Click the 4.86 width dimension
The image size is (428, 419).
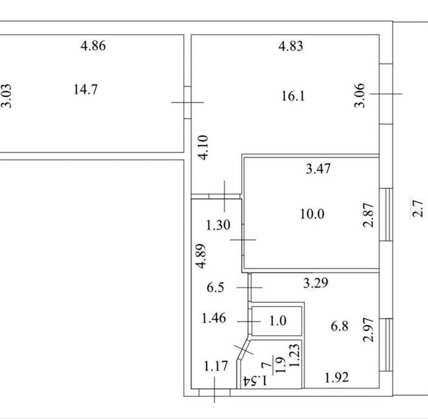pyautogui.click(x=93, y=46)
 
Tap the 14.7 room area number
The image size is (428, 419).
pyautogui.click(x=86, y=90)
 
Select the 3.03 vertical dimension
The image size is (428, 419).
pyautogui.click(x=7, y=96)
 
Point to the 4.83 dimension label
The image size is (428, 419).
pyautogui.click(x=291, y=46)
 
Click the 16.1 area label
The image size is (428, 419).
pyautogui.click(x=293, y=96)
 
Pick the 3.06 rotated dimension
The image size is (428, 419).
pyautogui.click(x=360, y=95)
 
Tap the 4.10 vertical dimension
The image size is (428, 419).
pyautogui.click(x=204, y=148)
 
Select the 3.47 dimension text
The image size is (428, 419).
pyautogui.click(x=318, y=169)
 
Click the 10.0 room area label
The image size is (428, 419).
pyautogui.click(x=312, y=214)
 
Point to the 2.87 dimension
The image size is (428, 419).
pyautogui.click(x=368, y=215)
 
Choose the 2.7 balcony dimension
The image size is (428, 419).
pyautogui.click(x=418, y=209)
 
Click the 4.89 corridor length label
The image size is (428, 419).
pyautogui.click(x=201, y=256)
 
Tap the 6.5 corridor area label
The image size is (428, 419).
pyautogui.click(x=215, y=288)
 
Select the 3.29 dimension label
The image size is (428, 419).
pyautogui.click(x=316, y=283)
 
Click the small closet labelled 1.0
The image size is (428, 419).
pyautogui.click(x=277, y=321)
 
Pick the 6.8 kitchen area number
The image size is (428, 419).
pyautogui.click(x=339, y=326)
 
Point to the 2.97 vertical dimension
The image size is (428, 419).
pyautogui.click(x=368, y=330)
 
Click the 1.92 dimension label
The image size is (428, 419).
pyautogui.click(x=336, y=378)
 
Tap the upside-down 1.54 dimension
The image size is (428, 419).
pyautogui.click(x=255, y=380)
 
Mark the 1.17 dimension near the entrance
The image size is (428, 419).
pyautogui.click(x=215, y=366)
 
